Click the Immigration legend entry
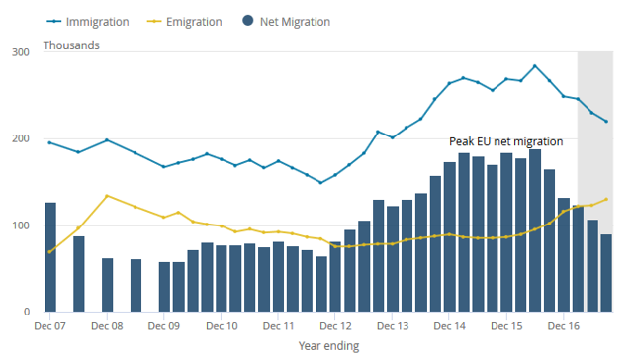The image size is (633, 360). coord(88,22)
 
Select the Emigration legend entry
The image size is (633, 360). coord(185,22)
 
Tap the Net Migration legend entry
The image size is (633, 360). coord(287,22)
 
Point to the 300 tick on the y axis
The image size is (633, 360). coord(21,52)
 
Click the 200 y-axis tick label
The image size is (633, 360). coord(21,138)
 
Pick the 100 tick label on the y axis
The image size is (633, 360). coord(21,225)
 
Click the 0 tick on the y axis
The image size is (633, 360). coord(27,312)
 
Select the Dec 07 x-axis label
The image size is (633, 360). coord(49,326)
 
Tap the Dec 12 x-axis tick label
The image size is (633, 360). coord(335,326)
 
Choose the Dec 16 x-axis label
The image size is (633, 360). coord(563,326)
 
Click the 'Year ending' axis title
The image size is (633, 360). coord(328,346)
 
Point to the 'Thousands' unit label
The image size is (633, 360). coord(71,45)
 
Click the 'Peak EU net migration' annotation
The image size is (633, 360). coord(505,141)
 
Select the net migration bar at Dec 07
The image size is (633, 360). coord(50,257)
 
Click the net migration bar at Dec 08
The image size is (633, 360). coord(108,285)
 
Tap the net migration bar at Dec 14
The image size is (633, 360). coord(450,237)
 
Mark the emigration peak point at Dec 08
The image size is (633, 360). coord(107,196)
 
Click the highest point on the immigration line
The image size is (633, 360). coord(535,66)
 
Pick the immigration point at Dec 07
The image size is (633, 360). coord(49,142)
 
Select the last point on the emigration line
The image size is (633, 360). coord(606,199)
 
